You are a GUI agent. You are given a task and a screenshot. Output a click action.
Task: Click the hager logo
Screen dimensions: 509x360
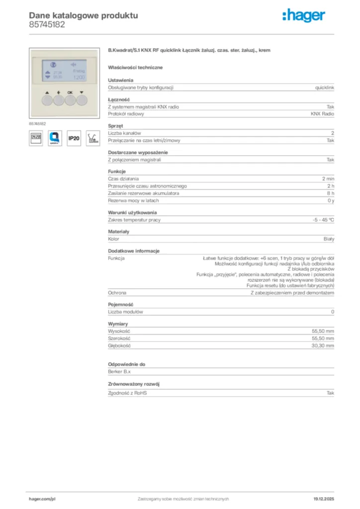303,16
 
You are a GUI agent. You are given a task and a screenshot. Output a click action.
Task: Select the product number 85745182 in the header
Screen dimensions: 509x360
47,24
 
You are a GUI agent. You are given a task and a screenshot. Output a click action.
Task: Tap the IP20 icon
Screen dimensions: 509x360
73,138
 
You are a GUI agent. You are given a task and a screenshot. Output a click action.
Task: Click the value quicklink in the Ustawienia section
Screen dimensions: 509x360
325,87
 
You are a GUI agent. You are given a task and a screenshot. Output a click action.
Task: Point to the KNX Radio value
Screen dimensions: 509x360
322,114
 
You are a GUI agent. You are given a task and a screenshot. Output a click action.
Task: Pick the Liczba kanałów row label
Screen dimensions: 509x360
125,133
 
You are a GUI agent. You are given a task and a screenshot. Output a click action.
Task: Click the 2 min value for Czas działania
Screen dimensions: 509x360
328,178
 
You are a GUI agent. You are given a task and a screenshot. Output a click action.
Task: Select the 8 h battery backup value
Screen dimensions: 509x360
330,193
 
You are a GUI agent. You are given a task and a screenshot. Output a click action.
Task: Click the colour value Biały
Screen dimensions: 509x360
329,239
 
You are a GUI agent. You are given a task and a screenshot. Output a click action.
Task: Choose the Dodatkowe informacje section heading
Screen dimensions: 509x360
134,251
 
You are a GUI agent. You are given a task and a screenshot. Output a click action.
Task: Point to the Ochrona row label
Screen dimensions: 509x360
117,293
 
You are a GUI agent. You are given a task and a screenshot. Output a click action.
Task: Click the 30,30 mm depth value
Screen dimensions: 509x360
323,345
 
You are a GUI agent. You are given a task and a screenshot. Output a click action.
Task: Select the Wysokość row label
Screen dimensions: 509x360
119,331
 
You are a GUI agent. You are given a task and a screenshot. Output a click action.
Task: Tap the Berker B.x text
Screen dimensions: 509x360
119,371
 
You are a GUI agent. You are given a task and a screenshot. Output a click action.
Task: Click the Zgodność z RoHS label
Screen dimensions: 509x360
127,393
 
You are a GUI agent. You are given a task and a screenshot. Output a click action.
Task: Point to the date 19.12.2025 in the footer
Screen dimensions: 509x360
324,499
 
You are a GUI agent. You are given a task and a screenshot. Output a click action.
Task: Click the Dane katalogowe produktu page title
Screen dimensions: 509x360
83,15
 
